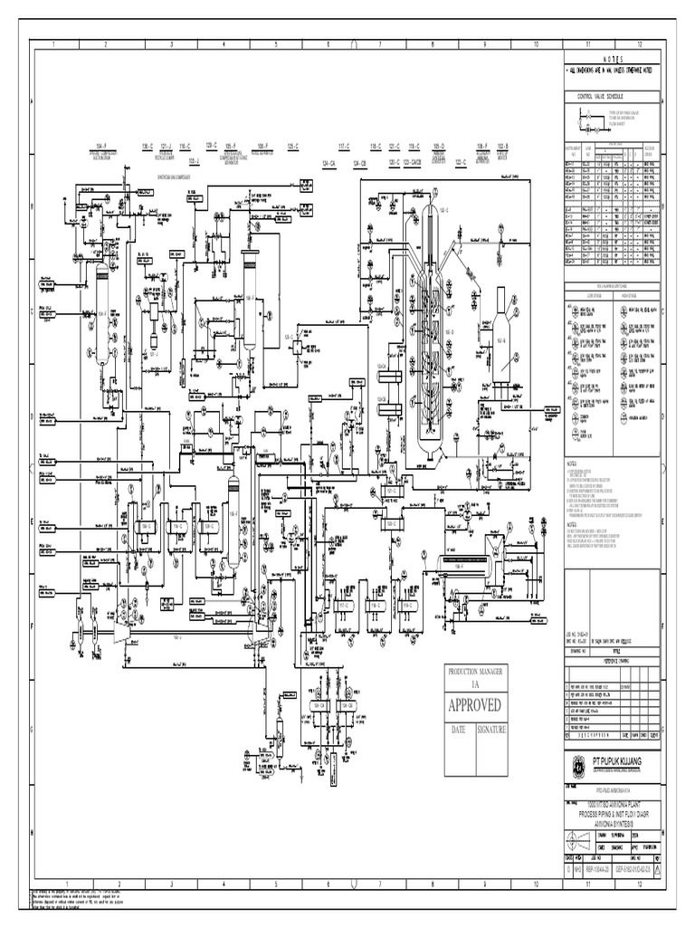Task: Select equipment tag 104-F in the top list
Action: (102, 145)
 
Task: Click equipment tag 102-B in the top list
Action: (502, 145)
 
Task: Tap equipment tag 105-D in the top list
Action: (438, 145)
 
